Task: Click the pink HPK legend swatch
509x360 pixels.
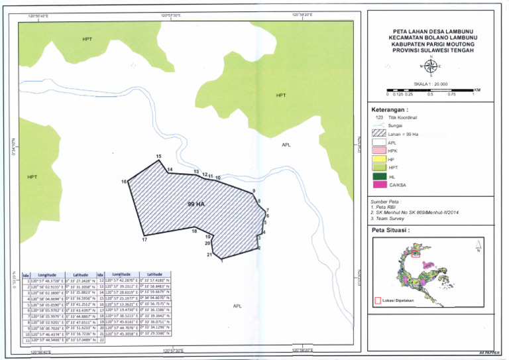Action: [378, 151]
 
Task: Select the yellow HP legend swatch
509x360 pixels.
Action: [378, 160]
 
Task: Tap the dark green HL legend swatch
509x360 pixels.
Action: [378, 176]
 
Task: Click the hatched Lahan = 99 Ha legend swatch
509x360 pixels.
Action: [378, 134]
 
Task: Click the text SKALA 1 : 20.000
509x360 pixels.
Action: [430, 84]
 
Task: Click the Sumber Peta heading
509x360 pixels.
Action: [387, 202]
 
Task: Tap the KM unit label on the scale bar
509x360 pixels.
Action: [477, 89]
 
